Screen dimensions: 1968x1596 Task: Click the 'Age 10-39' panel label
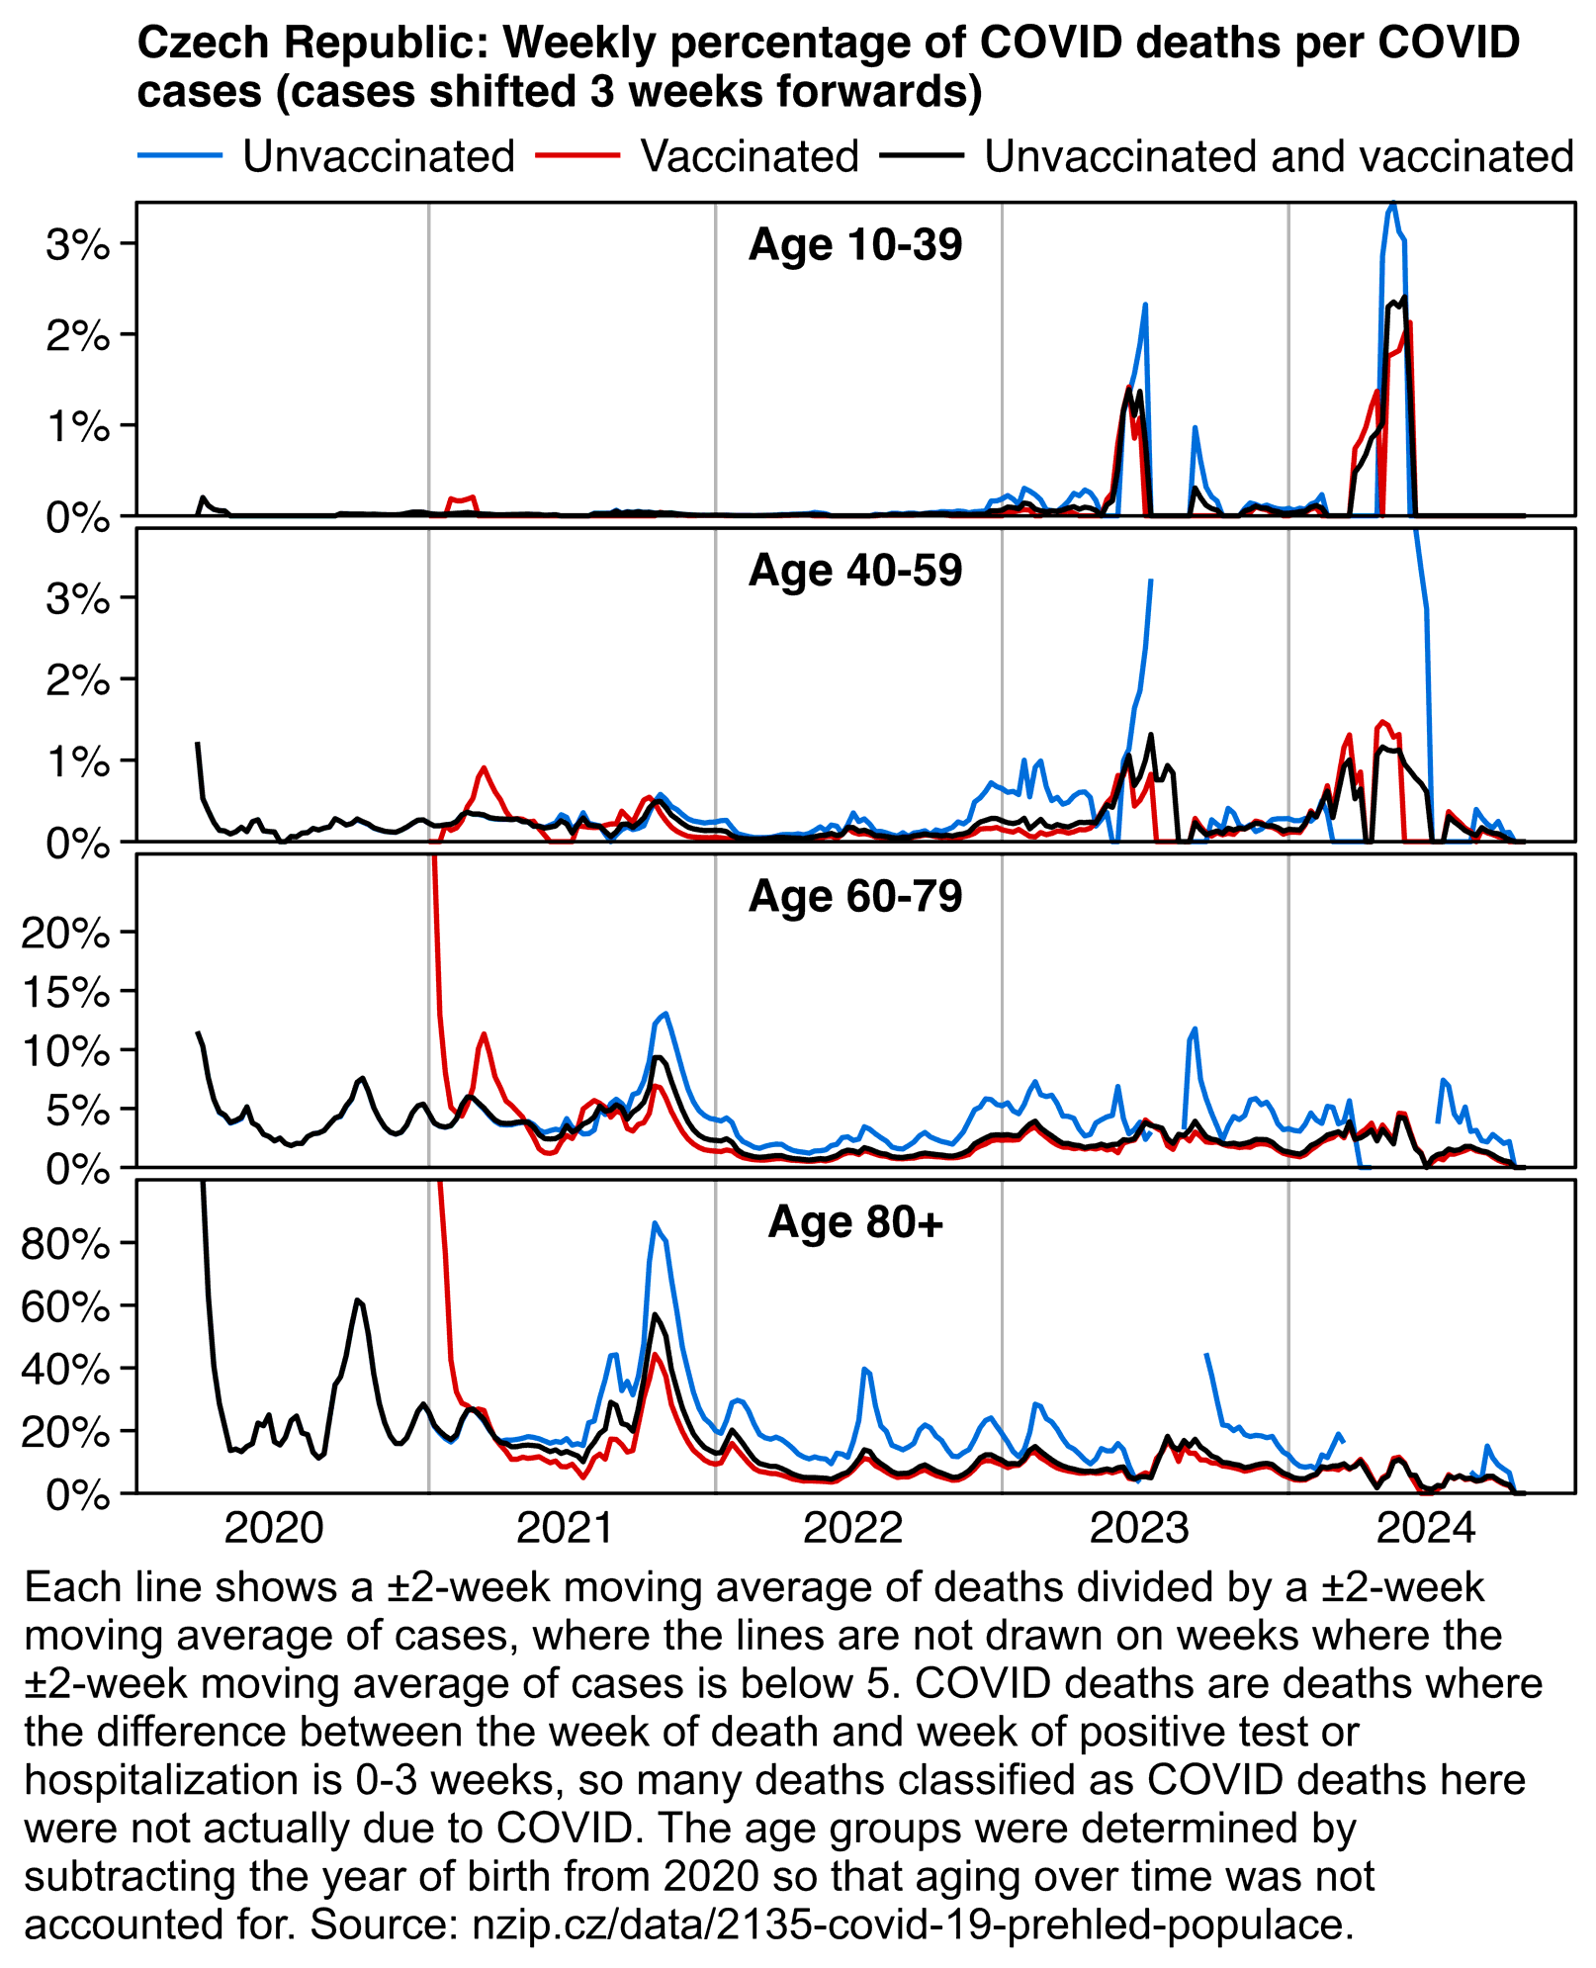click(855, 245)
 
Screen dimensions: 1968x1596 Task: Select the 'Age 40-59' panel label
click(855, 571)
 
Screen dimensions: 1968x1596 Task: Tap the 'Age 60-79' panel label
click(855, 896)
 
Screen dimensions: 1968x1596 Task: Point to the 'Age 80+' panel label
click(855, 1222)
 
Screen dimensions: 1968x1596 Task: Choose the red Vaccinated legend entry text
click(750, 156)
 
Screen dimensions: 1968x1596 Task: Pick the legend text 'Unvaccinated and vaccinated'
click(1279, 156)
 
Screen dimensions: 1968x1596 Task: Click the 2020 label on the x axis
click(274, 1529)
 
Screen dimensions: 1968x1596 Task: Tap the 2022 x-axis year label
click(852, 1529)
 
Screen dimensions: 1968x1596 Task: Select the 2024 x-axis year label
click(1426, 1529)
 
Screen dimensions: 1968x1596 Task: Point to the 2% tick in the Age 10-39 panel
click(77, 336)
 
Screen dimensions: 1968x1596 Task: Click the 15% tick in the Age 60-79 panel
click(65, 992)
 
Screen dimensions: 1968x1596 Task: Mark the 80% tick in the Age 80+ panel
click(65, 1244)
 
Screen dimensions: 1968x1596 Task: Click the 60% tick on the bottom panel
click(65, 1307)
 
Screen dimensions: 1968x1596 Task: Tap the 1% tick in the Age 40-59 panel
click(77, 761)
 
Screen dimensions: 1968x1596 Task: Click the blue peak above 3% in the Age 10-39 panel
click(1392, 205)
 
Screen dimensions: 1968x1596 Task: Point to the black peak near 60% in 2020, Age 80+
click(357, 1299)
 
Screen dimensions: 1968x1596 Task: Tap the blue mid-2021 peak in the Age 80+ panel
click(655, 1223)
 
